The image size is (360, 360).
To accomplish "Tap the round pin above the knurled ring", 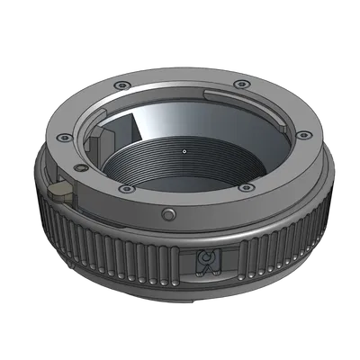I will pos(168,214).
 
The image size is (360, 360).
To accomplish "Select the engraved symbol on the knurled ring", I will pos(205,264).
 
